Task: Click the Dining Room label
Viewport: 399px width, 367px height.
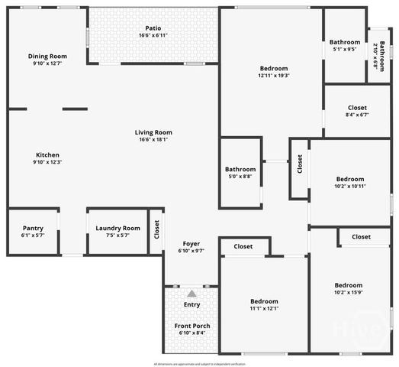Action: [x=47, y=56]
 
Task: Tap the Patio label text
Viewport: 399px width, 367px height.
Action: [x=153, y=28]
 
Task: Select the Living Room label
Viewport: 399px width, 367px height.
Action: [x=153, y=132]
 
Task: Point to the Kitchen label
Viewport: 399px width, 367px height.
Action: [x=47, y=154]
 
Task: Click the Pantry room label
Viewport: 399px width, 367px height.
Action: [x=33, y=228]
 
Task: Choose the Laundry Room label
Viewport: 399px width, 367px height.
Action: [x=117, y=228]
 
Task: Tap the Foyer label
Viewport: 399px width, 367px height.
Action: [x=191, y=243]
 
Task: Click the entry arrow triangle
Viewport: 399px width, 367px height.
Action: [x=191, y=293]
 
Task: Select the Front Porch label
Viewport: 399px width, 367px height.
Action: [x=191, y=326]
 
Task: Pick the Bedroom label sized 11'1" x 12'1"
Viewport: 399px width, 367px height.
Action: [x=264, y=301]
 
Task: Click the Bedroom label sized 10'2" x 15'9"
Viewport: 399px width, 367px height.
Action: [x=349, y=285]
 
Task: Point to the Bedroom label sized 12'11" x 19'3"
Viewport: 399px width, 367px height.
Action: [x=273, y=68]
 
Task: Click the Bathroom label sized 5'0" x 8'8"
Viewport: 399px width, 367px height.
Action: [x=240, y=169]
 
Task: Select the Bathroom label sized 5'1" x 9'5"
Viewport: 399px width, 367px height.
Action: [x=345, y=42]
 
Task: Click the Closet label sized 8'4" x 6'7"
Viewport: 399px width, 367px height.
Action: [x=357, y=108]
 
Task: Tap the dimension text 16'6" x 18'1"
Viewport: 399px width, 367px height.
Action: [x=153, y=139]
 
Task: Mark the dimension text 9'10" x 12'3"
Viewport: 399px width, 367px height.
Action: [x=47, y=162]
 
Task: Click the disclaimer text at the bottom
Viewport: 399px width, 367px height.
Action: [x=199, y=362]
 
